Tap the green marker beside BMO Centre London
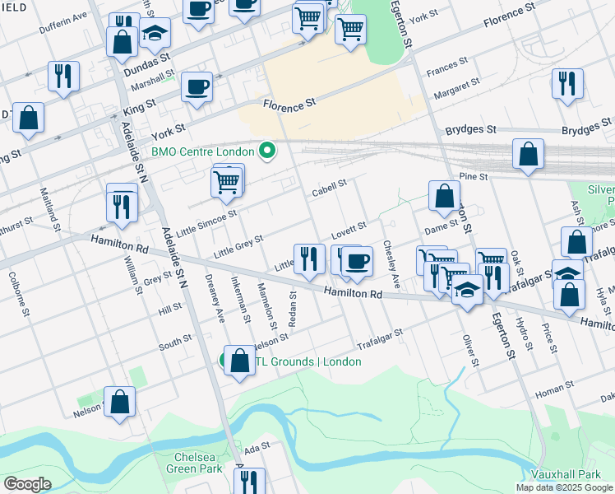(266, 151)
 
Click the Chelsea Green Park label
(199, 463)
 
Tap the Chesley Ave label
(391, 268)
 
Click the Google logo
(28, 483)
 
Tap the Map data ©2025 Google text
(565, 487)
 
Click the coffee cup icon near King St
(197, 86)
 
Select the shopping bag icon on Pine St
(528, 154)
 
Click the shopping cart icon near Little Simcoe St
(226, 181)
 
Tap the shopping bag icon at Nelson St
(120, 403)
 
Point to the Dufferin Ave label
(63, 26)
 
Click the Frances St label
(446, 65)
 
